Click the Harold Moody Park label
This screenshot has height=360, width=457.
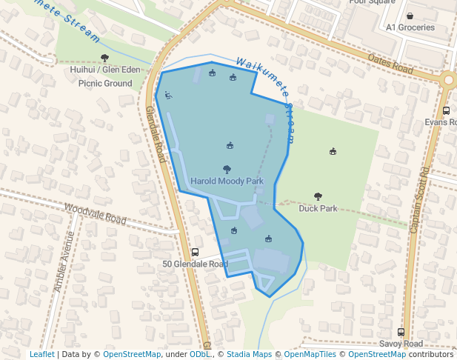tap(227, 181)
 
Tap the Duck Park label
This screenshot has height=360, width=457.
tap(318, 208)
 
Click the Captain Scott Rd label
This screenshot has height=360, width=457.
tap(420, 201)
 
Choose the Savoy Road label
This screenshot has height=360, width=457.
tap(401, 344)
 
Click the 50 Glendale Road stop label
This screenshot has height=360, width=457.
tap(195, 264)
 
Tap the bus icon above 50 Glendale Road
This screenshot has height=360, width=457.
tap(195, 252)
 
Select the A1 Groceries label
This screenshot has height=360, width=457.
tap(410, 27)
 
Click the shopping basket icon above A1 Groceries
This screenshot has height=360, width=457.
tap(410, 16)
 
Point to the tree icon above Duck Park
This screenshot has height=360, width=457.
tap(318, 196)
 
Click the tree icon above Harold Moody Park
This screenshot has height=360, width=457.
tap(227, 170)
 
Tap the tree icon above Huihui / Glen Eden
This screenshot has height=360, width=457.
tap(104, 58)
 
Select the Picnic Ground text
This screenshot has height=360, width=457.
tap(105, 84)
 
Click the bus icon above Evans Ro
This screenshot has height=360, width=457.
tap(446, 110)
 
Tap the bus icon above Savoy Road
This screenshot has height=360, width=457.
tap(401, 332)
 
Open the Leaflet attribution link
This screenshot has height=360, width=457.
tap(41, 354)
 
